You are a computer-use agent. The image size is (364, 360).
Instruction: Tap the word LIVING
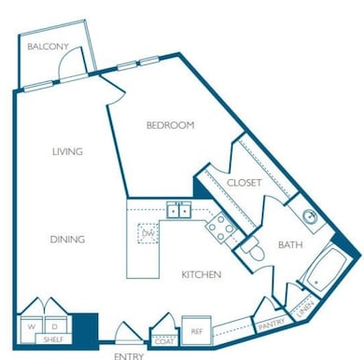[x=67, y=151]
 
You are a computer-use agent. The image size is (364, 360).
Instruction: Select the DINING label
[x=67, y=240]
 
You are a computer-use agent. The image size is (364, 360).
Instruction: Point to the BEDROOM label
[x=170, y=125]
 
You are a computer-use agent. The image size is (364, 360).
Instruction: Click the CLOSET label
[x=244, y=183]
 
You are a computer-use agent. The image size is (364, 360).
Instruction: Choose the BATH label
[x=290, y=245]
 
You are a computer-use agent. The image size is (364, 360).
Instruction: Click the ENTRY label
[x=129, y=355]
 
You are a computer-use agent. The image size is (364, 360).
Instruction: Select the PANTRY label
[x=271, y=324]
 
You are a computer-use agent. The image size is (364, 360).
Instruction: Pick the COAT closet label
[x=163, y=340]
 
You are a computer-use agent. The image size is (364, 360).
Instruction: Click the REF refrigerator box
[x=198, y=331]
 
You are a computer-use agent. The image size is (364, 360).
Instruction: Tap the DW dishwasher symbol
[x=147, y=232]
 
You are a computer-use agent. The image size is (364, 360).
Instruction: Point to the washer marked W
[x=32, y=327]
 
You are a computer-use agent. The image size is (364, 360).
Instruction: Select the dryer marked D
[x=54, y=327]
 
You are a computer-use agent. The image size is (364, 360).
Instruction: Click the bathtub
[x=322, y=271]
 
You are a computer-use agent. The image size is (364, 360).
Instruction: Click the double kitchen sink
[x=177, y=210]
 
